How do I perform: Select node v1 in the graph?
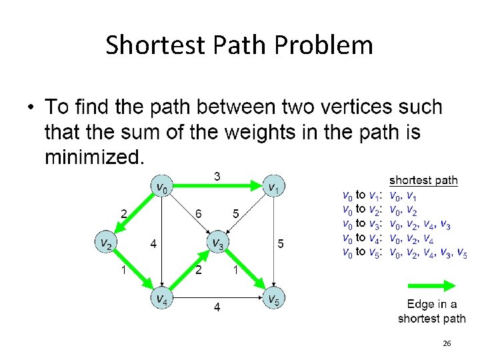click(273, 187)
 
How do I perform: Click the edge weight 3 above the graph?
click(217, 176)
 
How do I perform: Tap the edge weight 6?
click(198, 214)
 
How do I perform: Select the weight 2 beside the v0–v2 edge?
click(124, 213)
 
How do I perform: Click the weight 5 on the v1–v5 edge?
click(281, 244)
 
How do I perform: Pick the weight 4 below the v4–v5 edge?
click(217, 307)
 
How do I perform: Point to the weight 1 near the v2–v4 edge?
click(123, 269)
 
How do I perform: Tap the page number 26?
click(447, 343)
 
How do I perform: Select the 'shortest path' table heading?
click(423, 179)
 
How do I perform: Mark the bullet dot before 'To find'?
click(31, 107)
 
